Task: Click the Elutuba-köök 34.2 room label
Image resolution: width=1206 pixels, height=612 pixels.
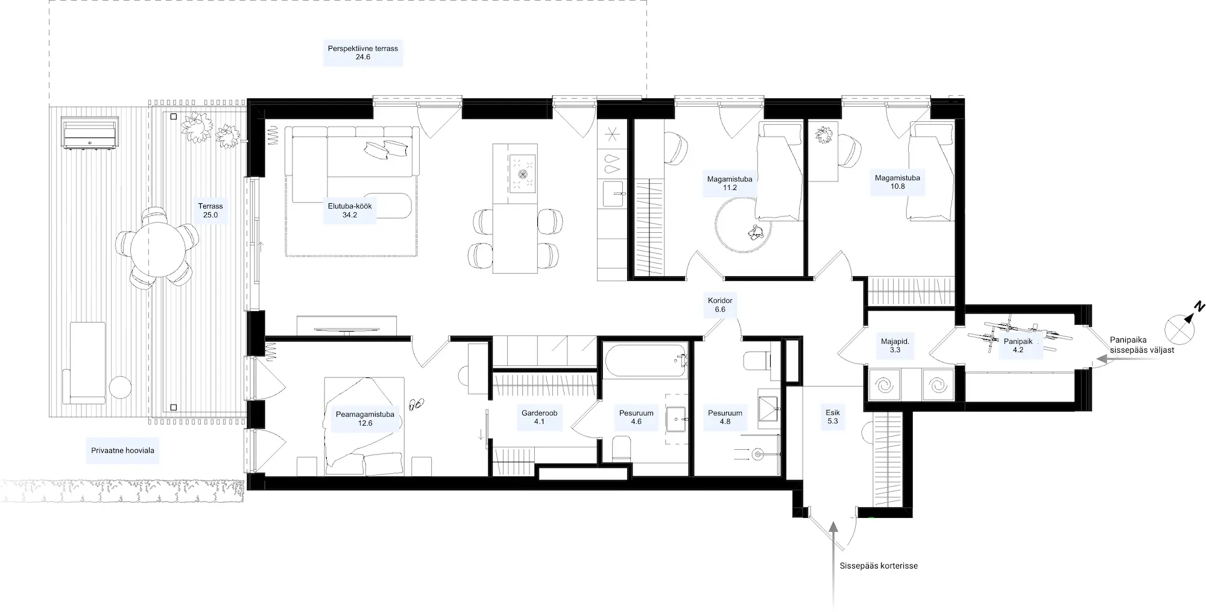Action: (x=350, y=210)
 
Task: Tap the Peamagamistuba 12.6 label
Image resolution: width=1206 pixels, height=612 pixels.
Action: (x=365, y=418)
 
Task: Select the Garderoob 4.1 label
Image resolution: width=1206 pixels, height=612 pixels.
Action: (x=539, y=417)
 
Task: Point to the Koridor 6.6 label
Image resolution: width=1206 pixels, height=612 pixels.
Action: (x=720, y=305)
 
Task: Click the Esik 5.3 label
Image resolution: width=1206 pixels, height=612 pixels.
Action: (x=833, y=417)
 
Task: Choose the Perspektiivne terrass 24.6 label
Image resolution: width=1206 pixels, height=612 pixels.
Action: (x=363, y=53)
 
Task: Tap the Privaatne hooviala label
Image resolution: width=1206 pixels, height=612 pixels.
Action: (x=122, y=450)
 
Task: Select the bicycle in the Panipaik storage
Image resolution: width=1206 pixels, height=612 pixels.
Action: (x=1019, y=336)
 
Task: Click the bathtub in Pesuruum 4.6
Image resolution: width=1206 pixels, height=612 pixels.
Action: (x=646, y=361)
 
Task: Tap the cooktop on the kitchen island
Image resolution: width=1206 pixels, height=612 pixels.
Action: (x=522, y=173)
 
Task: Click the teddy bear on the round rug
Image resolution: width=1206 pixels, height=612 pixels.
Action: (x=754, y=232)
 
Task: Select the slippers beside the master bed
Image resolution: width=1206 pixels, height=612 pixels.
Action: (x=416, y=404)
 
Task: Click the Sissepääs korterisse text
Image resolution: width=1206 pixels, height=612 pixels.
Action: (x=879, y=566)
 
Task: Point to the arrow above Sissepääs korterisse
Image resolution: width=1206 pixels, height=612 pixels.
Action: (x=833, y=564)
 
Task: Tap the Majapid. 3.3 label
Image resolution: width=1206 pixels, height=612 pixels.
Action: (x=895, y=345)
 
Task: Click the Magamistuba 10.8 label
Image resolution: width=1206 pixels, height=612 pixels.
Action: (x=897, y=182)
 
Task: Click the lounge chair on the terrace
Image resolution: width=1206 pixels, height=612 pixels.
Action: (x=87, y=362)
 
